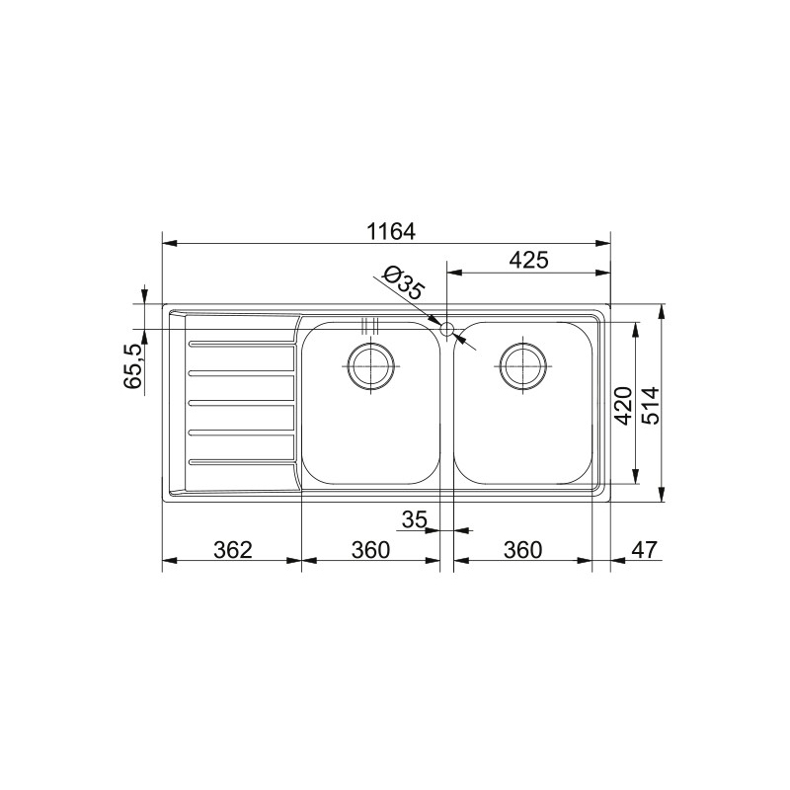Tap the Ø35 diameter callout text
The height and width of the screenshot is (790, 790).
tap(402, 285)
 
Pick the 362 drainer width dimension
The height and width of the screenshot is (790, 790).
tap(233, 549)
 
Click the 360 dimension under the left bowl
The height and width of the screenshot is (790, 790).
tap(370, 549)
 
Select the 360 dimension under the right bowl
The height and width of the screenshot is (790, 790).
tap(522, 549)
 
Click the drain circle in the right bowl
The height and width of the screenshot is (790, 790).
tap(522, 365)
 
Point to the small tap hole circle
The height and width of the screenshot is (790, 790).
tap(446, 328)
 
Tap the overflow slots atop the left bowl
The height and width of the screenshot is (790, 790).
tap(370, 325)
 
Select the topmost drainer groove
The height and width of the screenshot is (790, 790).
tap(241, 344)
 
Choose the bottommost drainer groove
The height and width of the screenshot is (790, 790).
tap(241, 461)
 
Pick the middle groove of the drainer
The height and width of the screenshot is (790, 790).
tap(241, 403)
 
